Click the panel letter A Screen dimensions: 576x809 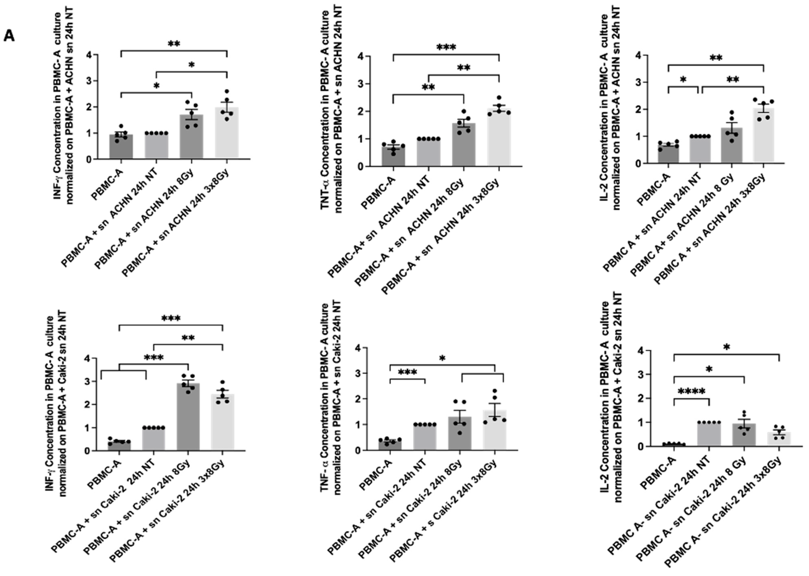[x=9, y=36]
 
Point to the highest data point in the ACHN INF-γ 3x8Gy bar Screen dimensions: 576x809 [x=227, y=92]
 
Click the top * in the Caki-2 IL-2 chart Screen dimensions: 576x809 [x=726, y=347]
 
